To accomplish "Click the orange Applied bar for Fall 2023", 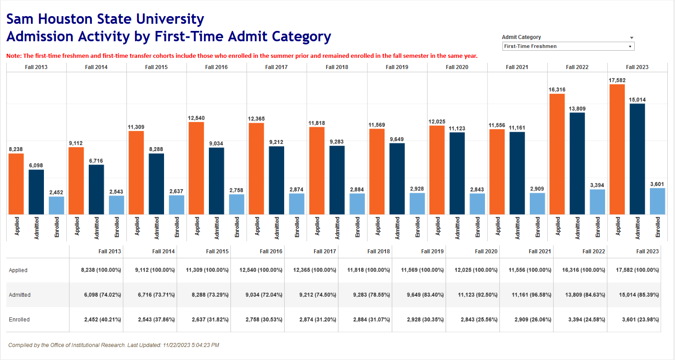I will [x=617, y=149].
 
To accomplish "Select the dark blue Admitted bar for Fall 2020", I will [x=457, y=173].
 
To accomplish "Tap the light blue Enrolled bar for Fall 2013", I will [x=56, y=205].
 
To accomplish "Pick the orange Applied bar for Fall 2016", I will [x=196, y=168].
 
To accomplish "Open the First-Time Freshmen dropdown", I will [x=568, y=46].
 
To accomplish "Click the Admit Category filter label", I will [x=521, y=37].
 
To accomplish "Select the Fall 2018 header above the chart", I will [x=337, y=67].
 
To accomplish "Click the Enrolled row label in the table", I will [x=19, y=320].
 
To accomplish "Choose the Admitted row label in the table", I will [x=20, y=295].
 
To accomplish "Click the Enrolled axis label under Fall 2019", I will [x=417, y=227].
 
